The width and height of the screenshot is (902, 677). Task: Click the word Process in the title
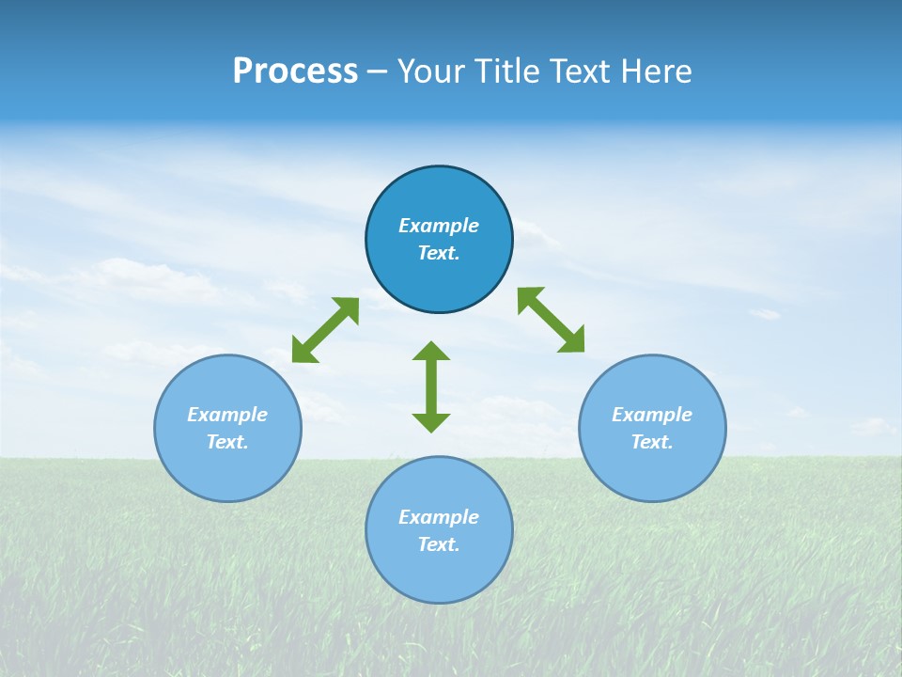coord(295,71)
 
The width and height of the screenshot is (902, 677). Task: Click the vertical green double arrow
coord(431,386)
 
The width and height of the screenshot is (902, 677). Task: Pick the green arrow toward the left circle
coord(325,330)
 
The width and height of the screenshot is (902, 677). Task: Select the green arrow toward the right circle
coord(552,320)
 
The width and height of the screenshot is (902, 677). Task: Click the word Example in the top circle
coord(439,226)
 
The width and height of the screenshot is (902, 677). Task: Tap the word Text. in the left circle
coord(227,442)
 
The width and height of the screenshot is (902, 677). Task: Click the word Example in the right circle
coord(652,415)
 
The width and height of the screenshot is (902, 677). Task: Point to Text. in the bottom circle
coord(439,544)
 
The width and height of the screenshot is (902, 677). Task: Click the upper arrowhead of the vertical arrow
coord(431,352)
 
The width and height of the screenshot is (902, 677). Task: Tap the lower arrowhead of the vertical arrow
coord(431,421)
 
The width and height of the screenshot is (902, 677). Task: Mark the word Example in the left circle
coord(227,415)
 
